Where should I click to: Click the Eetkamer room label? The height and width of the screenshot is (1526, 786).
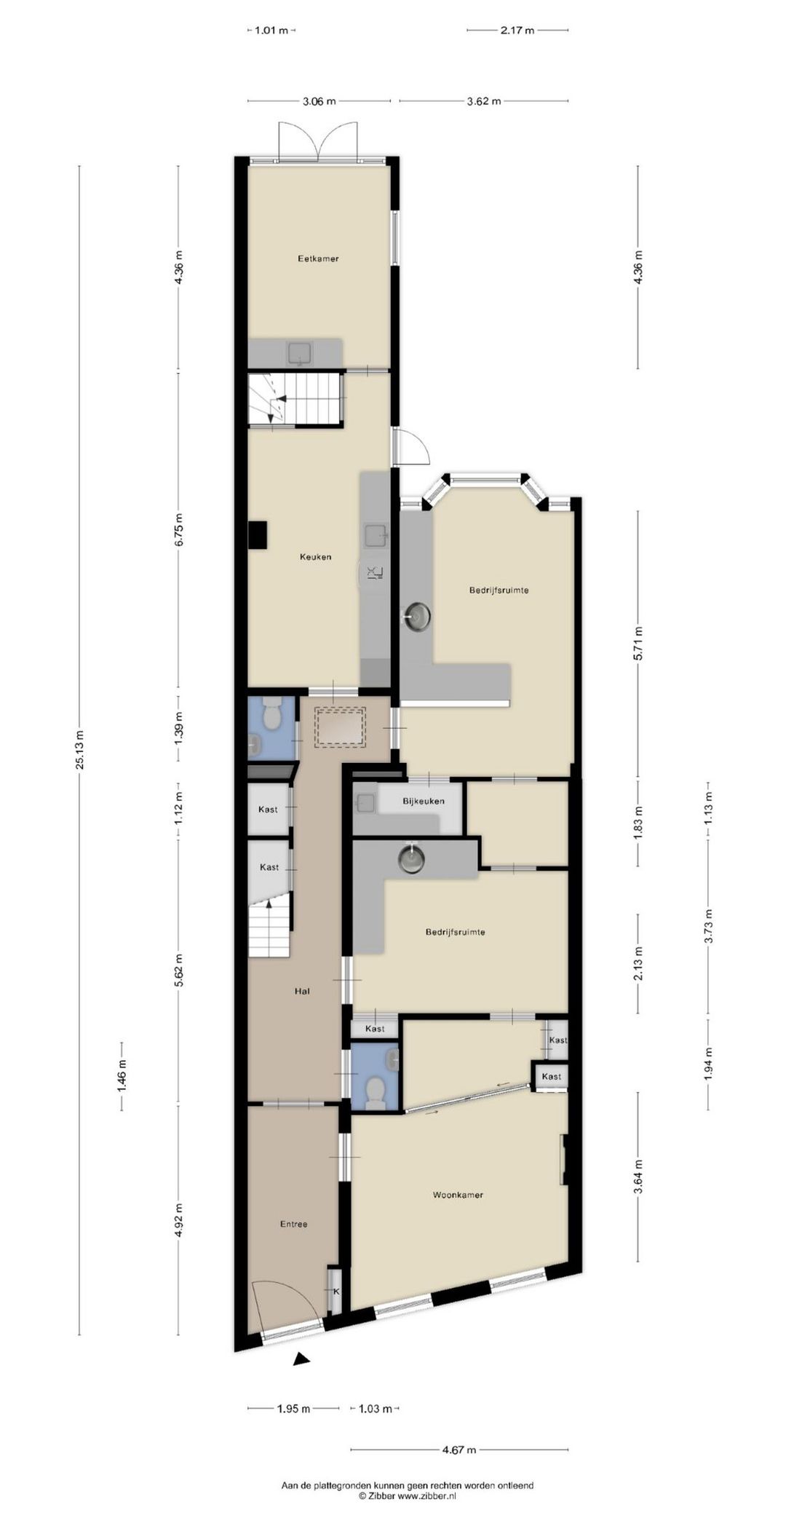(x=318, y=258)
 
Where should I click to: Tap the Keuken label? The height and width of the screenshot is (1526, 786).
(x=315, y=557)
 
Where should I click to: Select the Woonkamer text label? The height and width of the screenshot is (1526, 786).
(x=458, y=1195)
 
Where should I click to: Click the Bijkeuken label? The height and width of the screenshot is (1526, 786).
(x=423, y=801)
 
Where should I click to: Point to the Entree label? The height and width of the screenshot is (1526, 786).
(x=293, y=1224)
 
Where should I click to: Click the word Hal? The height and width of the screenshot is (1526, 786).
(x=302, y=991)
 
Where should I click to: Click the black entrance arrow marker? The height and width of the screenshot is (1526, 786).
(x=301, y=1359)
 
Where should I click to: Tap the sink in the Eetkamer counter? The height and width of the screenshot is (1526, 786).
(x=300, y=354)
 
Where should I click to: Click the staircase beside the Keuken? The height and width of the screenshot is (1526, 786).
(x=295, y=399)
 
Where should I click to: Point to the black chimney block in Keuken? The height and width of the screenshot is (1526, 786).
(x=257, y=535)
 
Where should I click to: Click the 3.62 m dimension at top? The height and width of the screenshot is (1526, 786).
(x=483, y=101)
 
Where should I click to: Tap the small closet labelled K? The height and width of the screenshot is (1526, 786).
(x=336, y=1292)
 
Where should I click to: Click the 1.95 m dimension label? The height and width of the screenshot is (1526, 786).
(x=293, y=1409)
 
